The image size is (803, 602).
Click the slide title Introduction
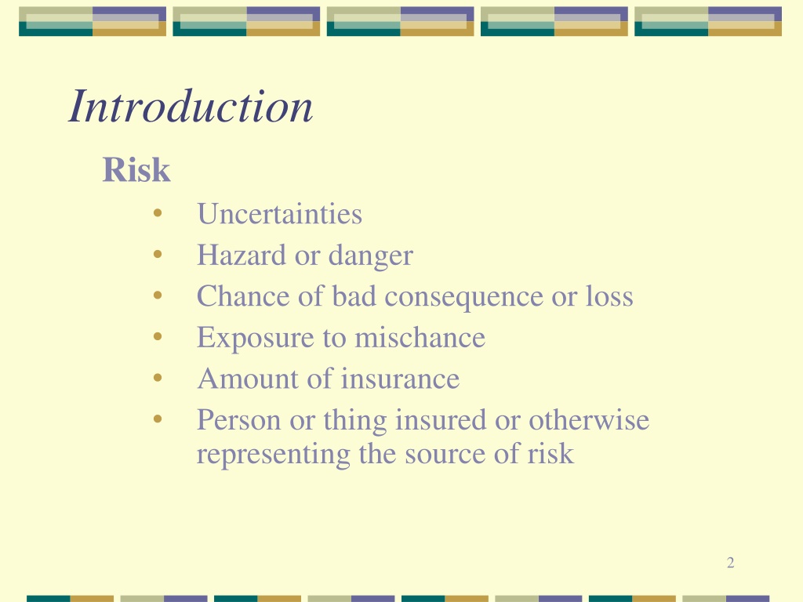191,106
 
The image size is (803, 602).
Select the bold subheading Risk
136,169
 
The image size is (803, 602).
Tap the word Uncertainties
280,214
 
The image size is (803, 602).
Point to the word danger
371,256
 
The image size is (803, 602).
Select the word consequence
463,297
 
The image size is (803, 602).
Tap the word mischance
420,337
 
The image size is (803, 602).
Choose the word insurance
401,379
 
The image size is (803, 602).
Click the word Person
239,420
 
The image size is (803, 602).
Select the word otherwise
589,420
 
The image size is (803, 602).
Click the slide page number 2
731,563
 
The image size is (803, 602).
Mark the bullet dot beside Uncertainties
158,213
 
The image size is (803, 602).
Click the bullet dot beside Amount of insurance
158,378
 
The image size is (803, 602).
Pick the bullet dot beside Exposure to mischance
158,336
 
